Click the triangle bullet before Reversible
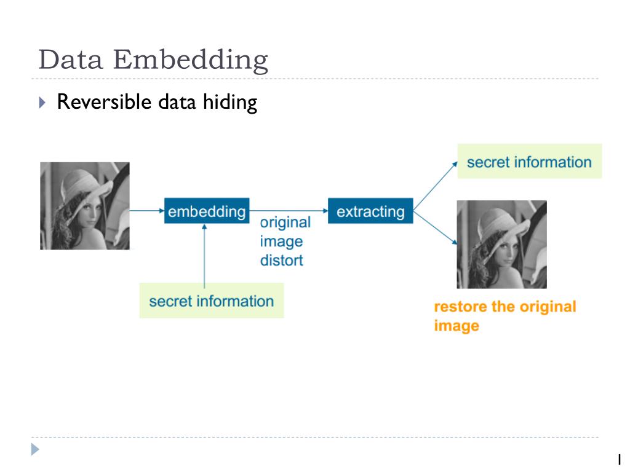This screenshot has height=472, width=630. point(42,102)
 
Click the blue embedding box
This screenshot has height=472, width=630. point(207,211)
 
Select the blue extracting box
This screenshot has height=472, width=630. point(370,211)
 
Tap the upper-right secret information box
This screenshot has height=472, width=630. point(529,162)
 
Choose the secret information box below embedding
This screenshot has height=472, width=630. point(212,301)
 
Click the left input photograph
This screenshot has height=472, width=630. point(85,206)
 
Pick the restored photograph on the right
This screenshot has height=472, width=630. point(501,244)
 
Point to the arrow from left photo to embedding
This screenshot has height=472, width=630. point(146,211)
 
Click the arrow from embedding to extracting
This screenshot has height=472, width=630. point(288,211)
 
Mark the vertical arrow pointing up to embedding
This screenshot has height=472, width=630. point(205,252)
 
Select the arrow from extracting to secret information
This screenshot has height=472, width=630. point(436,186)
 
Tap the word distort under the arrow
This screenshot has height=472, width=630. point(281,260)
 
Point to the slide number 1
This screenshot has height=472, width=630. point(620,458)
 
